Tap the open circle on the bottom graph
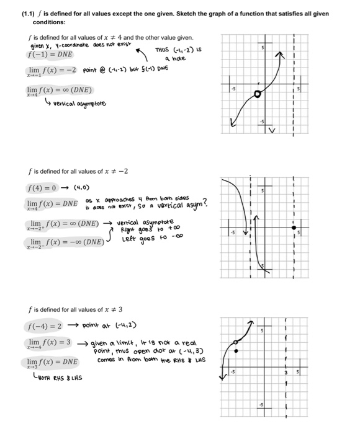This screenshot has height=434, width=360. coord(235,342)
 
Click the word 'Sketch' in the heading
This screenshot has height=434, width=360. coord(184,13)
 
